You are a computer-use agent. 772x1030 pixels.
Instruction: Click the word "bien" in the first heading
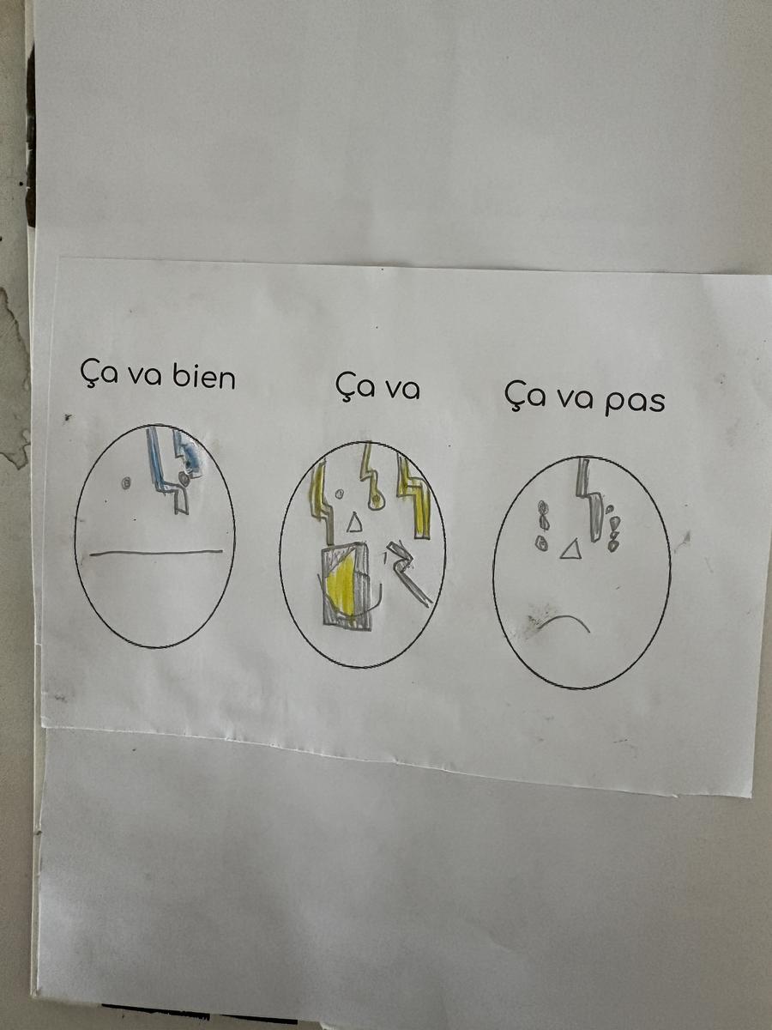204,378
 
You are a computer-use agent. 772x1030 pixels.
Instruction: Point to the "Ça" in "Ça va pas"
522,397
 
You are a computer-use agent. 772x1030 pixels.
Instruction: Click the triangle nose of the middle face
355,522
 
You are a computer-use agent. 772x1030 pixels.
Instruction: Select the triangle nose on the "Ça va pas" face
570,549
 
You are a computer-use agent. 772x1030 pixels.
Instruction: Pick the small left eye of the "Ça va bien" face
125,482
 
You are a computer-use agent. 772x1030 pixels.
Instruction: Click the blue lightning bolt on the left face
165,470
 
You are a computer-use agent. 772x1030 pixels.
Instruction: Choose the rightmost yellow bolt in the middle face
414,496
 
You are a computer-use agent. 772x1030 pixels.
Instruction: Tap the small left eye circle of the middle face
341,494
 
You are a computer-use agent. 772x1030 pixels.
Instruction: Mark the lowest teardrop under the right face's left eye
542,543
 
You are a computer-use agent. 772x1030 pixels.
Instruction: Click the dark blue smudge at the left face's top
191,455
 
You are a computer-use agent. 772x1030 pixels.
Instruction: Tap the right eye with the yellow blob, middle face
376,501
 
